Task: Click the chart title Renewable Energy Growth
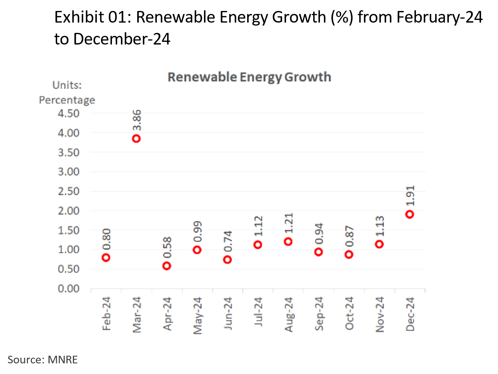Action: (249, 77)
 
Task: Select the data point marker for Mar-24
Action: (136, 139)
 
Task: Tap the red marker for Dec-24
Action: (410, 214)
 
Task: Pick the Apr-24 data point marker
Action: (167, 266)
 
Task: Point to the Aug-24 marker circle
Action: (288, 241)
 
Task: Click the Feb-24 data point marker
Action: (106, 257)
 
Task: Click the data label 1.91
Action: (410, 196)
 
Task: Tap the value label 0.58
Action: (167, 247)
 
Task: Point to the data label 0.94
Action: (319, 234)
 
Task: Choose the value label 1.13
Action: (380, 226)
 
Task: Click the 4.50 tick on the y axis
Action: (69, 114)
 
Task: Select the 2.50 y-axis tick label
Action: (69, 191)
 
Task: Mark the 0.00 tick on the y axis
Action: (69, 289)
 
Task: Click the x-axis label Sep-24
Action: (319, 314)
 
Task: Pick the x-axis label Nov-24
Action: (380, 314)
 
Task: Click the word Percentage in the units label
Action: (67, 100)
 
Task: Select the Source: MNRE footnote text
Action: (43, 360)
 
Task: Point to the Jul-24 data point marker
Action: (258, 245)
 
